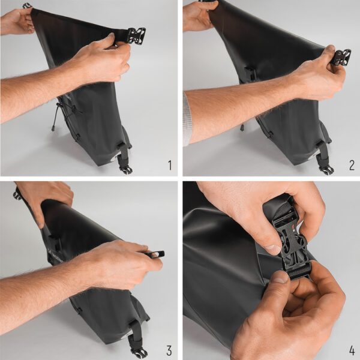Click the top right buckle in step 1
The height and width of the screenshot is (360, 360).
tap(136, 35)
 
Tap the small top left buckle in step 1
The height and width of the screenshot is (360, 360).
tap(26, 6)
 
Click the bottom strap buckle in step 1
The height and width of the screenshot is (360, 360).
tap(126, 169)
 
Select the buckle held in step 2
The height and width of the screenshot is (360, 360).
tap(341, 58)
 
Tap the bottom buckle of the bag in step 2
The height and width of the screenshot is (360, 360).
tap(327, 170)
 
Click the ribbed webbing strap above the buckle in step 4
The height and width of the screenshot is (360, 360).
tap(281, 211)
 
